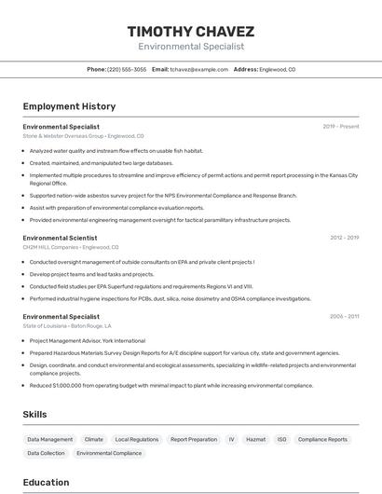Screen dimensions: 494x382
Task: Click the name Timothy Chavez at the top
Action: tap(190, 31)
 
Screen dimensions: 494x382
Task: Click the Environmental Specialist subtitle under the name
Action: tap(190, 46)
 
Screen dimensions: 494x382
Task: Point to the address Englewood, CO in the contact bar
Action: tap(277, 69)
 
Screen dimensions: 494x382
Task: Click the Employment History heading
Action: tap(69, 106)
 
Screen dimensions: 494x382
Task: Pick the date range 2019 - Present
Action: tap(341, 126)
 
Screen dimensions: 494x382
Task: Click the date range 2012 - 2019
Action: tap(344, 238)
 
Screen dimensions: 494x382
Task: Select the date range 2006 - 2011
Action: tap(344, 317)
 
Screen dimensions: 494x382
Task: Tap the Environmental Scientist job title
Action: tap(61, 238)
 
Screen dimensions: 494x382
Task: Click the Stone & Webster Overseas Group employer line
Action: tap(83, 136)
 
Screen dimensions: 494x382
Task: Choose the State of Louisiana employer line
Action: tap(67, 326)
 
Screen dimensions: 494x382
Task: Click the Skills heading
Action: tap(35, 414)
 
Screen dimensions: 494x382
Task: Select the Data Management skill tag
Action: tap(49, 439)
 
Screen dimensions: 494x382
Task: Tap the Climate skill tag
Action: tap(94, 439)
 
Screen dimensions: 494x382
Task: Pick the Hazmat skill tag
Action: tap(255, 439)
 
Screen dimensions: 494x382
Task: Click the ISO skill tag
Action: tap(281, 439)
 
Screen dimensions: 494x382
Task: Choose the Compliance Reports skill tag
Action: tap(322, 439)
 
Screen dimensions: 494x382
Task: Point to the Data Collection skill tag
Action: tap(46, 453)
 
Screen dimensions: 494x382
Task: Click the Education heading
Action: tap(46, 482)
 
